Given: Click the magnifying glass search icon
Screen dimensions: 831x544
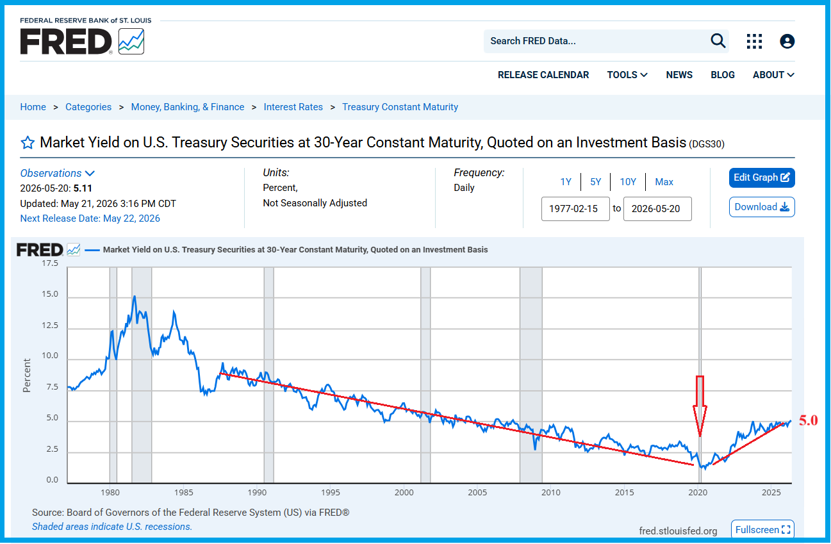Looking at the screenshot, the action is coord(718,40).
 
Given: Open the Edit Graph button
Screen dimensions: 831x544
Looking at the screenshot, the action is coord(762,177).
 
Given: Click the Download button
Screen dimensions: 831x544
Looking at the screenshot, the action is coord(762,207).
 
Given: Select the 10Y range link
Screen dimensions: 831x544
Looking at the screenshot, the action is coord(628,182).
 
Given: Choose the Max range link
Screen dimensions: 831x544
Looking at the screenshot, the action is coord(664,182).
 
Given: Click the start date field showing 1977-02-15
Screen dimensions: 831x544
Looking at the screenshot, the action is coord(575,208).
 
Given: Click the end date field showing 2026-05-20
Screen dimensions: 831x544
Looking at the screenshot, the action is coord(657,208).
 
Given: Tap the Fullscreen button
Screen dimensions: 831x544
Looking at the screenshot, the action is coord(762,529).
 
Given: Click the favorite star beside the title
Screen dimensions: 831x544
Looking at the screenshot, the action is coord(28,142).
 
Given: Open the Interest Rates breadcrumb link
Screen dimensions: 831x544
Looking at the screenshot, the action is coord(293,107).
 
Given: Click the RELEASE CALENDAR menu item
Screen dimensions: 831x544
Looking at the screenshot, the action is coord(543,75).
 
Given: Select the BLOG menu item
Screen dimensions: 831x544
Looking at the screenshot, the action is coord(722,75).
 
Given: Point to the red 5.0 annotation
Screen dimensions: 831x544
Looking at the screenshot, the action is coord(809,420).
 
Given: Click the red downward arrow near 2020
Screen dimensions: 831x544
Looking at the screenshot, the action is coord(700,406).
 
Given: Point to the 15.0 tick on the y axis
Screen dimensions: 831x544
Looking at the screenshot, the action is coord(50,294).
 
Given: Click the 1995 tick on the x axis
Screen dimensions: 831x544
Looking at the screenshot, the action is coord(330,493).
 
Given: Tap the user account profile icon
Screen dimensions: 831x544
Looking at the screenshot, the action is coord(787,41).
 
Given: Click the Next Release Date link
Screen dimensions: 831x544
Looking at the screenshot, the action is coord(90,218).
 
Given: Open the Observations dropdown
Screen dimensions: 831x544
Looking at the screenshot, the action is coord(58,173).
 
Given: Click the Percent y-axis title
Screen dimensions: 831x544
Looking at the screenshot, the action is coord(27,375).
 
